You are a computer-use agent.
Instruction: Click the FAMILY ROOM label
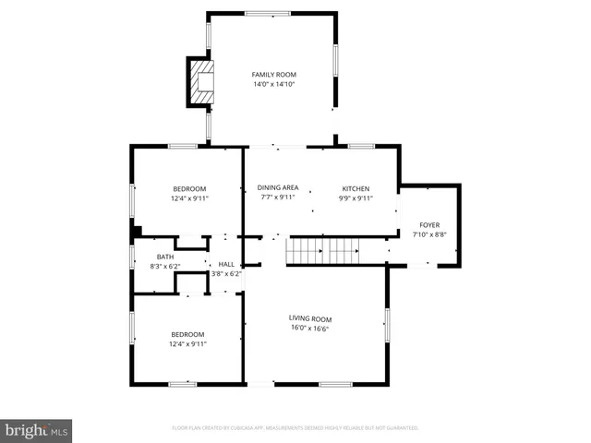[274, 74]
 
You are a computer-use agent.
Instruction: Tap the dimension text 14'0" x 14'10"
[274, 84]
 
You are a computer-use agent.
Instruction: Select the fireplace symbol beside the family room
[201, 80]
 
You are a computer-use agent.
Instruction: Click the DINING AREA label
[277, 187]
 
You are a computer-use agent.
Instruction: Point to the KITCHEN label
[356, 187]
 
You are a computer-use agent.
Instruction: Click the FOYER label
[429, 224]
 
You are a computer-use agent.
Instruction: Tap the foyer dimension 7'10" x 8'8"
[429, 234]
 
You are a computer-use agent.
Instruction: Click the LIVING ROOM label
[309, 319]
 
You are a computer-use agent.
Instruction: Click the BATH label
[164, 257]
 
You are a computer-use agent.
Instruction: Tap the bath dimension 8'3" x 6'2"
[164, 267]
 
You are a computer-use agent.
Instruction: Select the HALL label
[225, 264]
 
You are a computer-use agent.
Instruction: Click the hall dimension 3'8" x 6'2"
[225, 274]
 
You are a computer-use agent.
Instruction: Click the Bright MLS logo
[37, 431]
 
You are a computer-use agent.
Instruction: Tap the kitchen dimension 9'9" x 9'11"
[356, 198]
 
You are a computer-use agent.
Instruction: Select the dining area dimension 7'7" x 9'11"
[277, 198]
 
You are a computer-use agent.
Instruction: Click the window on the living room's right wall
[387, 325]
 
